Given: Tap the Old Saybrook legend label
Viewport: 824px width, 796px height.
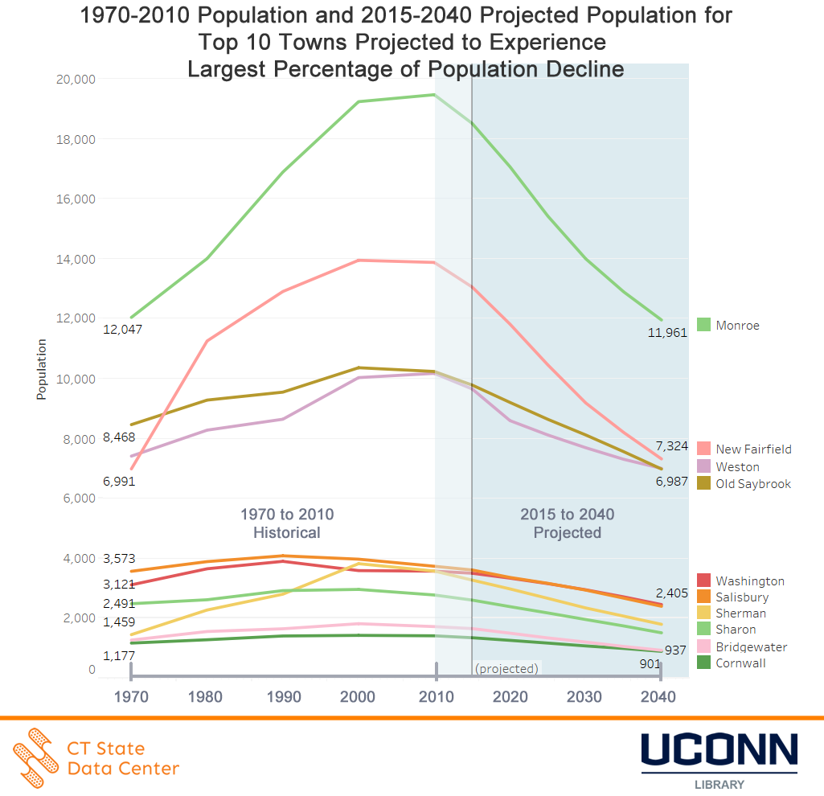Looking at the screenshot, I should (x=753, y=483).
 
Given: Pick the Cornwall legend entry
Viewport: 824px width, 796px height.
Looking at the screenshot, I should (x=740, y=663).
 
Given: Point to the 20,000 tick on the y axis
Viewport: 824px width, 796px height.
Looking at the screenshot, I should (x=74, y=79).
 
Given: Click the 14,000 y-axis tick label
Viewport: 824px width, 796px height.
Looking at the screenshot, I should (x=74, y=259).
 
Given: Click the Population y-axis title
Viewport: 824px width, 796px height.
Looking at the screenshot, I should (x=41, y=369).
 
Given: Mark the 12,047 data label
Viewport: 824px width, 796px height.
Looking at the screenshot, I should (x=119, y=330).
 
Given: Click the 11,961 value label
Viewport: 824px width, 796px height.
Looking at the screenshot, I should (x=667, y=332).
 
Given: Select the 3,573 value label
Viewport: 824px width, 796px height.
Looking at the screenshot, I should (x=119, y=559).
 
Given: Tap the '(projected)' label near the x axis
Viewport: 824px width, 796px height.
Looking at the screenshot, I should (x=507, y=669).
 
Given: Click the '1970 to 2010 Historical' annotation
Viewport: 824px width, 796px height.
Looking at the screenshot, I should (x=287, y=523).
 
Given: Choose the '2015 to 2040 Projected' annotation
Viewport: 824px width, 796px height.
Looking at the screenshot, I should (x=567, y=523).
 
